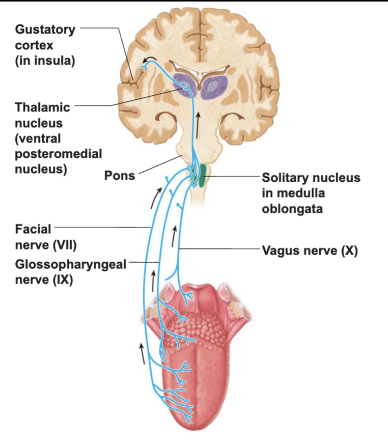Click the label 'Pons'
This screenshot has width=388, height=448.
coord(120,176)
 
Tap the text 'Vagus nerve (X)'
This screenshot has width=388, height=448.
coord(310,250)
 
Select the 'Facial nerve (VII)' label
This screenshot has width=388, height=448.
coord(46,237)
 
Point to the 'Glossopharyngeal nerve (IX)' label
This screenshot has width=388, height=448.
coord(71,272)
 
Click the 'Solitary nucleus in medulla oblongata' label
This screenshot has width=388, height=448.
coord(311,193)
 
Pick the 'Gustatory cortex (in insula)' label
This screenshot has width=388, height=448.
coord(45,45)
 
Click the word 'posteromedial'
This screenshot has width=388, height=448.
coord(58,153)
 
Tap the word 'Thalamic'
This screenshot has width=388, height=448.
coord(42,107)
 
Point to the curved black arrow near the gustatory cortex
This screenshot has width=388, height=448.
coord(150,59)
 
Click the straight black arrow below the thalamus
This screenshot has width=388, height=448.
coord(198,125)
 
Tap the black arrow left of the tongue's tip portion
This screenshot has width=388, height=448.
coord(142,354)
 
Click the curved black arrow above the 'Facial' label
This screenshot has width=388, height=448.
coord(156,198)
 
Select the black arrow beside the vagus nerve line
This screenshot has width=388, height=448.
coord(174,237)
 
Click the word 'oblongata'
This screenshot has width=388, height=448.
coord(292,209)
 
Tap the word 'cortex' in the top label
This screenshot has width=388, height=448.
coord(34,45)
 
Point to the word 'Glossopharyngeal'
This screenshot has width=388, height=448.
coord(71,265)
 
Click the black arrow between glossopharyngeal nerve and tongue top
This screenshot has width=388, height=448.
coord(153,282)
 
